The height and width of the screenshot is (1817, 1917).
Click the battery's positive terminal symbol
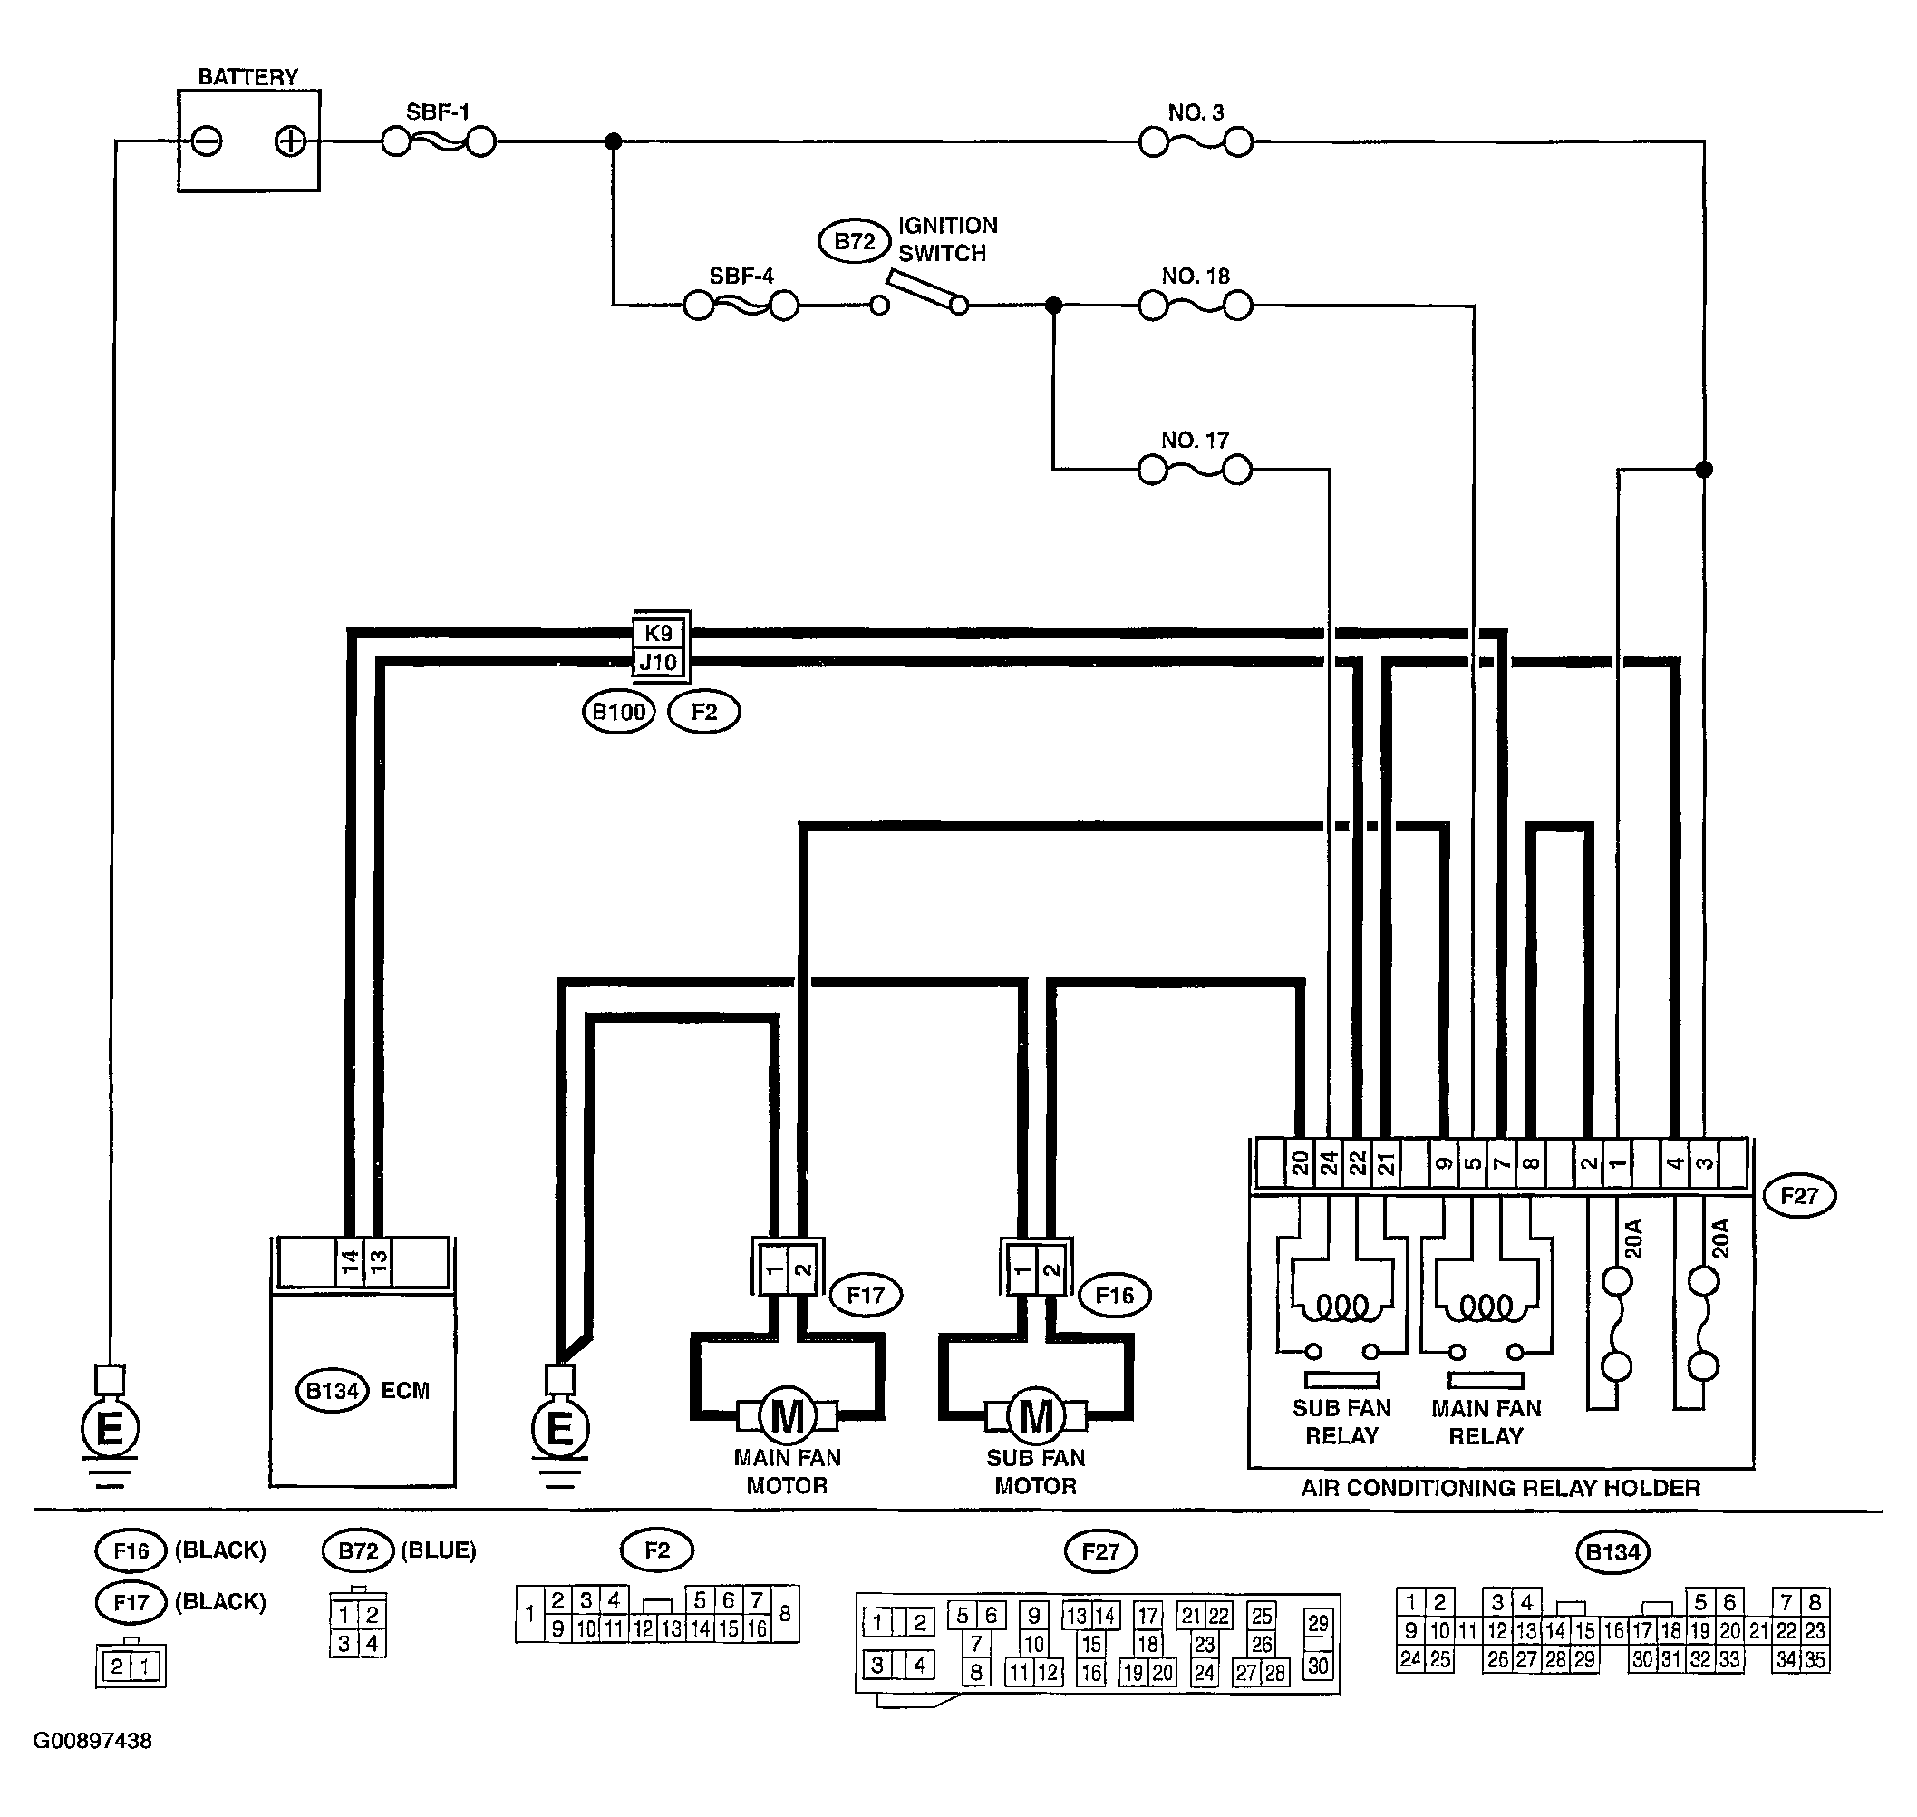click(289, 141)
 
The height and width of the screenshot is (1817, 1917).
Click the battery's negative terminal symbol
click(207, 141)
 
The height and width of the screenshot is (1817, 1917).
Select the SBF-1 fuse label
click(438, 112)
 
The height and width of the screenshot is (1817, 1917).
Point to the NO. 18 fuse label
click(1196, 276)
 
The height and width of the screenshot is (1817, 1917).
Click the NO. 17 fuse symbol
click(1196, 471)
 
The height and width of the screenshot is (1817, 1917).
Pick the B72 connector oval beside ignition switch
click(854, 241)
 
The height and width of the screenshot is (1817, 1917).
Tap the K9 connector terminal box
click(658, 634)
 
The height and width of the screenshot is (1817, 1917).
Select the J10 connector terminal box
click(658, 662)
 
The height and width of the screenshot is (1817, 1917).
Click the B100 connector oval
click(619, 712)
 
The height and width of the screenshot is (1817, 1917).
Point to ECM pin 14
click(350, 1261)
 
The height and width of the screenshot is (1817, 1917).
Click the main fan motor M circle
click(787, 1417)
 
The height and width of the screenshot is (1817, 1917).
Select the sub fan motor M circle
click(1036, 1417)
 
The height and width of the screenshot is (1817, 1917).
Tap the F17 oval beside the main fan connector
click(866, 1295)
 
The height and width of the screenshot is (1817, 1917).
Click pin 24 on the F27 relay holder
click(1330, 1162)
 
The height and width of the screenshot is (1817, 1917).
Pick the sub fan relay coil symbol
click(1341, 1308)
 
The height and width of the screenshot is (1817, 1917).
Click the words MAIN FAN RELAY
click(1486, 1422)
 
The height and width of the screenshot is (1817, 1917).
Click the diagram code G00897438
click(93, 1741)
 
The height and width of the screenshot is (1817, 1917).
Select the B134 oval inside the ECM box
click(332, 1391)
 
